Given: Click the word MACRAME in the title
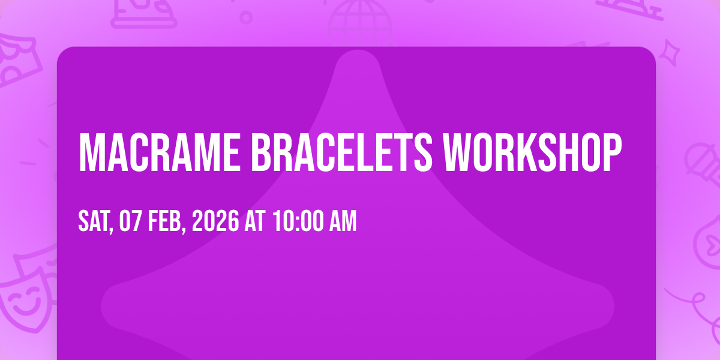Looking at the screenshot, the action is coord(160,152).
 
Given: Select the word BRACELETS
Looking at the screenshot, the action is coord(341,152).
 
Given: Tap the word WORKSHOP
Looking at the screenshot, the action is coord(532,152).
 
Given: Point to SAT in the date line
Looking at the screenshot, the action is coord(94,221).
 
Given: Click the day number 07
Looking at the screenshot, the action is coord(130,221).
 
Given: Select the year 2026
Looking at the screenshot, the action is coord(215,221).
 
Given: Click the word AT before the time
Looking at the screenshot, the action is coord(255,221).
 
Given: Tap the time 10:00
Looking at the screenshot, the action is coord(298,221).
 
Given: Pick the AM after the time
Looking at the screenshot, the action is coord(343,221).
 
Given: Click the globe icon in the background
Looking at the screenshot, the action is coord(360,23).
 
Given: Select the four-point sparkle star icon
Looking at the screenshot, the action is coord(670,53).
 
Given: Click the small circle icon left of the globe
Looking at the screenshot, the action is coord(246,17).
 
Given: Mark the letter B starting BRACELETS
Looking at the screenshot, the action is coord(261,152).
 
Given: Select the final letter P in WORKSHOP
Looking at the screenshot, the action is coord(611,152).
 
